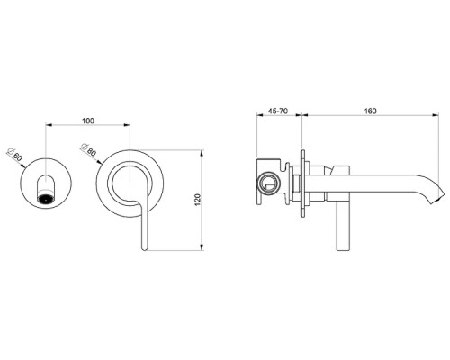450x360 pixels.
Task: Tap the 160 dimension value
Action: point(371,110)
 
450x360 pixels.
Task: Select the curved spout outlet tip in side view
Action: point(437,192)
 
